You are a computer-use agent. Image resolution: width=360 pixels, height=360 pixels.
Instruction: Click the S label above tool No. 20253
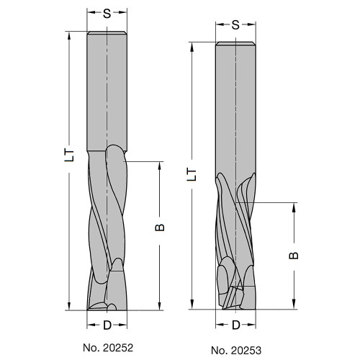click(236, 24)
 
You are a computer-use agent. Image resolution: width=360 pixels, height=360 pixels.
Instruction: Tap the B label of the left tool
click(161, 228)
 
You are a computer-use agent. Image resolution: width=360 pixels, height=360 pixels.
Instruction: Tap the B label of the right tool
click(294, 255)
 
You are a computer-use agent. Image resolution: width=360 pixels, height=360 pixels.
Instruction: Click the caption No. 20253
click(236, 350)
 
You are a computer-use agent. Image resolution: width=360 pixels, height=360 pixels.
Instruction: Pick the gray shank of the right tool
click(236, 108)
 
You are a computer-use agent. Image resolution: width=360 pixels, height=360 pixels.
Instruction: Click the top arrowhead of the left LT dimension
click(70, 37)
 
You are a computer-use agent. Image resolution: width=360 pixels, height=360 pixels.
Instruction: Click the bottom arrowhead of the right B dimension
click(294, 304)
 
